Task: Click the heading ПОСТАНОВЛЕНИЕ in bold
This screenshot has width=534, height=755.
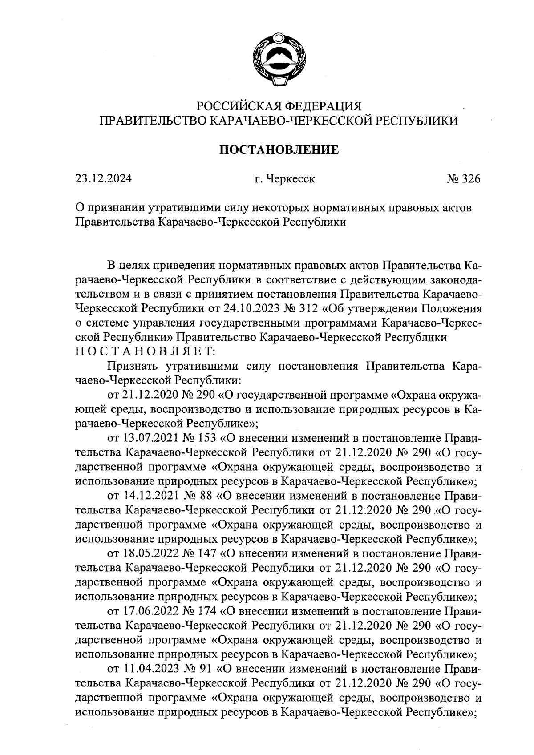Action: point(279,150)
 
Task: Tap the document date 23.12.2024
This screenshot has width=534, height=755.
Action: point(103,179)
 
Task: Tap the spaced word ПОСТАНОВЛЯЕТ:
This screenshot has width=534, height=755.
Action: point(145,351)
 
